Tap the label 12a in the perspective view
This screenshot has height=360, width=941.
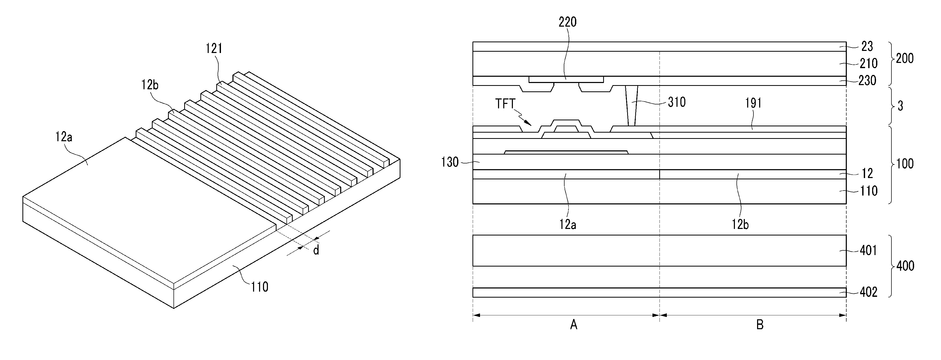[64, 137]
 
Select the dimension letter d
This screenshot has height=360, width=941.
[316, 251]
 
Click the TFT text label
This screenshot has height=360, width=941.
[505, 104]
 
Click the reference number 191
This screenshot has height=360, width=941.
[753, 103]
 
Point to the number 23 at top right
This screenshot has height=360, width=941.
[867, 46]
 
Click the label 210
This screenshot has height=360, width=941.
[868, 64]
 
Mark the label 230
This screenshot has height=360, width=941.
[867, 80]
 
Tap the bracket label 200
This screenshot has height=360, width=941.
[904, 58]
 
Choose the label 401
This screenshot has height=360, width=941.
[868, 251]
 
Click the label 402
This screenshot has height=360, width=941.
[868, 292]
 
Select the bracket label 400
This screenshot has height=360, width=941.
[905, 266]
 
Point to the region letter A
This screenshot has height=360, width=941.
[573, 324]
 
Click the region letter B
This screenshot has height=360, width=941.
[760, 324]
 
